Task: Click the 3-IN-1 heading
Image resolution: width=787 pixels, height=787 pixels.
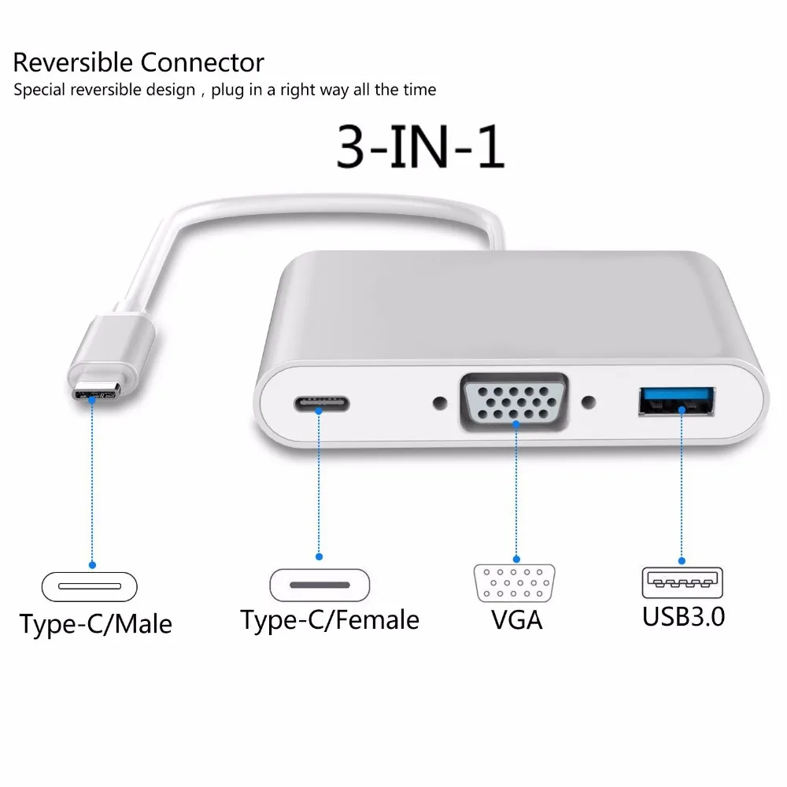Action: [420, 147]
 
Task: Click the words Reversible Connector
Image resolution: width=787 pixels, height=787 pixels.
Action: [139, 62]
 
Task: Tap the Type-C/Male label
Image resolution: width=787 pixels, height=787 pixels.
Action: [96, 624]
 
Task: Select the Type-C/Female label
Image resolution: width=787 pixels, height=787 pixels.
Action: [330, 619]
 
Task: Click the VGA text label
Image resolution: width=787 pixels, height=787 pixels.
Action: [516, 619]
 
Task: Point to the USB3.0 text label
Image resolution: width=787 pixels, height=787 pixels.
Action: [683, 615]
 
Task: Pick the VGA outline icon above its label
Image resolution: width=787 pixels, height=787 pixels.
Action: [515, 584]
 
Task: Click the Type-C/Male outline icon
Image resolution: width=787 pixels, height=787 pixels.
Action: [89, 586]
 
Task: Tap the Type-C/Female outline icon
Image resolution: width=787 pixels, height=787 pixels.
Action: [319, 586]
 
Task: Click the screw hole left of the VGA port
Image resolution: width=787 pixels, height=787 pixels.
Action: [438, 404]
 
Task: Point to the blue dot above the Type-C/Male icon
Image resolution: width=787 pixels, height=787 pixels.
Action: [92, 564]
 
